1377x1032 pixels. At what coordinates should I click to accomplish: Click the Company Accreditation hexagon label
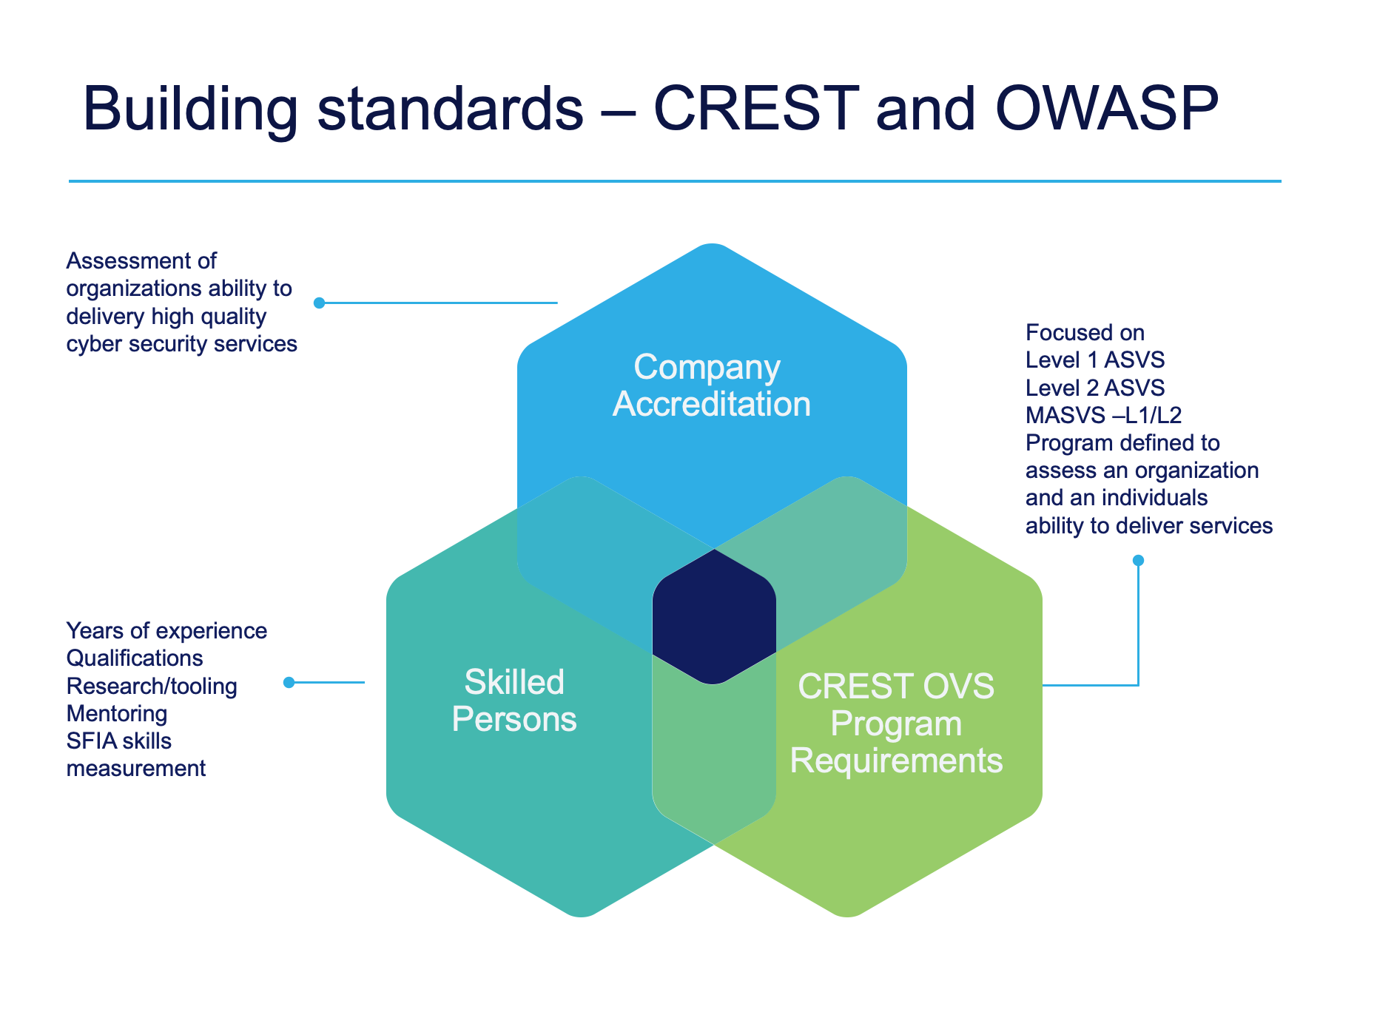click(x=711, y=385)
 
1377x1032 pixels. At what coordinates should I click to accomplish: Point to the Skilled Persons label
click(x=514, y=701)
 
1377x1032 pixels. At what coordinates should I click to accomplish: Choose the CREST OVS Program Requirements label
click(x=896, y=724)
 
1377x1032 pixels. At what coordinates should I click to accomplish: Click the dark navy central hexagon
click(x=714, y=616)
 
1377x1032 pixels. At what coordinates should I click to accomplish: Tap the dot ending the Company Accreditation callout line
click(x=320, y=303)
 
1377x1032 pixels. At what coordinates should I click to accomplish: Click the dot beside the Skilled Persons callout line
click(x=289, y=682)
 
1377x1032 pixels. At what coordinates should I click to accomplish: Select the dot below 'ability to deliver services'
click(x=1138, y=561)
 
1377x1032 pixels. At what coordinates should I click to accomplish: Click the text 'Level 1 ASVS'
click(x=1095, y=360)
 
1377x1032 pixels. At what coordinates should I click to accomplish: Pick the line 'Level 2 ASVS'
click(x=1095, y=388)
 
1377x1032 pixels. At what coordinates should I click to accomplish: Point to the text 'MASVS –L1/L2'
click(x=1103, y=415)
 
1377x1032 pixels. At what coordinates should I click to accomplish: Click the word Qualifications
click(x=135, y=658)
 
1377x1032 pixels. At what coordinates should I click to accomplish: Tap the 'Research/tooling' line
click(x=152, y=686)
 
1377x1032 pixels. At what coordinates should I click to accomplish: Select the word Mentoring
click(x=117, y=713)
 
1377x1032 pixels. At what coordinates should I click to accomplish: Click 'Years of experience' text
click(x=166, y=631)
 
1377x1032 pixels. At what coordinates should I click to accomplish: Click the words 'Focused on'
click(x=1085, y=333)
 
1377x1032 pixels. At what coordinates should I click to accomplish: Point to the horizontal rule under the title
click(x=675, y=181)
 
